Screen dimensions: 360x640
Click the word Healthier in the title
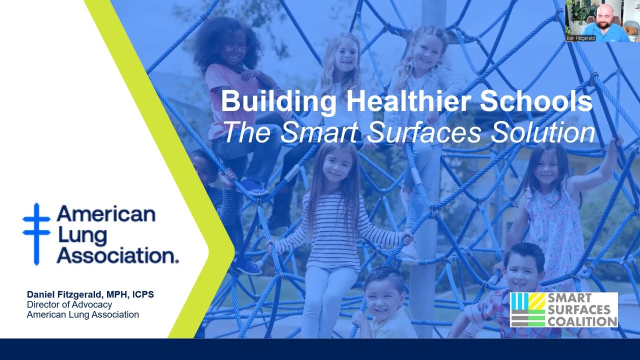coord(407,101)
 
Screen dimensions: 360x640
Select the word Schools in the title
coord(536,101)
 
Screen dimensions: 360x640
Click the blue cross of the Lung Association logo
coord(36,233)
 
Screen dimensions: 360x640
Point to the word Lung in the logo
coord(75,235)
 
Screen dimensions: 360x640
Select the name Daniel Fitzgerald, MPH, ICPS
coord(90,294)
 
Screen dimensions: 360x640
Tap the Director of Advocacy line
coord(69,304)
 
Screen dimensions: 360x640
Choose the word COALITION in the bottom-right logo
coord(582,321)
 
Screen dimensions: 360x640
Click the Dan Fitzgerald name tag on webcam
coord(581,38)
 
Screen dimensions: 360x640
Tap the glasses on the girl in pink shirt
coord(236,48)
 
